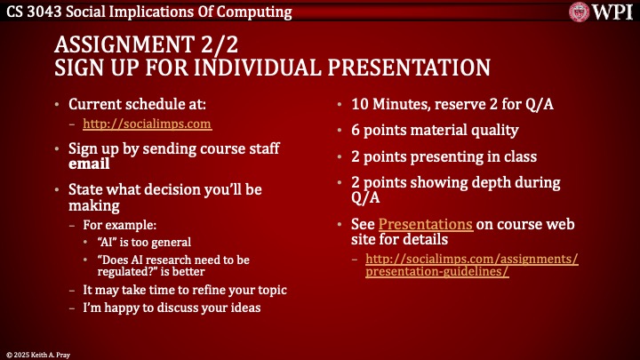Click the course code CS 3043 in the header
coord(34,12)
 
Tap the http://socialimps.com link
coord(147,124)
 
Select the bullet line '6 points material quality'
coord(436,131)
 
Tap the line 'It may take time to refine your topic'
coord(184,290)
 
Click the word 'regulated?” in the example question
coord(126,273)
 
